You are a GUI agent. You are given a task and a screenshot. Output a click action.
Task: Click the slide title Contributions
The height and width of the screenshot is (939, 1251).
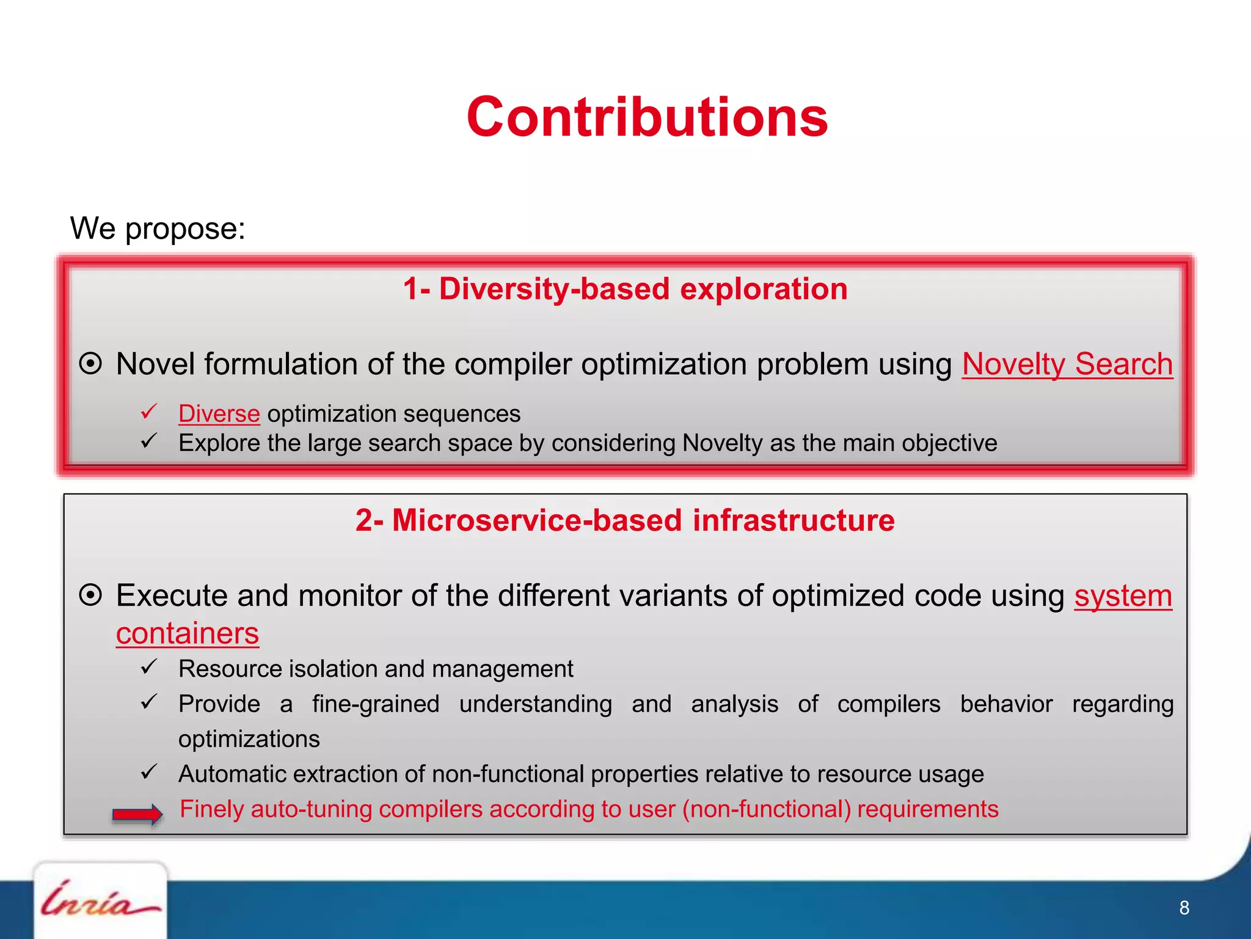click(x=647, y=117)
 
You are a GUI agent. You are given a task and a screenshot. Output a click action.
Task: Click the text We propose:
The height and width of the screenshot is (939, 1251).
click(x=158, y=229)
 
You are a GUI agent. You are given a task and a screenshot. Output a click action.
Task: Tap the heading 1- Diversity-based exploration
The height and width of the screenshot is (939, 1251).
click(x=625, y=289)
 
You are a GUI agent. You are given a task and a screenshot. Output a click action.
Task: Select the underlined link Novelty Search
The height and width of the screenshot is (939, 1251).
click(x=1067, y=364)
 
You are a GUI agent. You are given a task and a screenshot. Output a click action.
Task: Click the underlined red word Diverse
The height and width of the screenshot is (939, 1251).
click(x=219, y=414)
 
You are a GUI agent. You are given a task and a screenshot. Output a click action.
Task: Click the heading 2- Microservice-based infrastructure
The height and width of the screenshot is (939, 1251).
click(x=625, y=520)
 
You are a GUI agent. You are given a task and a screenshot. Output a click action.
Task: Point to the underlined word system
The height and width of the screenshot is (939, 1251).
click(x=1123, y=595)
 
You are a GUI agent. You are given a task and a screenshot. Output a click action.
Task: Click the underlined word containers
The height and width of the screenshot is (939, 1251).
click(x=188, y=633)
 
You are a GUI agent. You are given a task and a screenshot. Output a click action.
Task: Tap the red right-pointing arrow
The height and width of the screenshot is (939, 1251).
click(x=137, y=814)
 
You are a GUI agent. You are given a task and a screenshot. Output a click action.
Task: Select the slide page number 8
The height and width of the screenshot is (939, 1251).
click(x=1184, y=908)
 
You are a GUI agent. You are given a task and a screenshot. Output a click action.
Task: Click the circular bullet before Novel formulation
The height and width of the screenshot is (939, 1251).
click(x=90, y=364)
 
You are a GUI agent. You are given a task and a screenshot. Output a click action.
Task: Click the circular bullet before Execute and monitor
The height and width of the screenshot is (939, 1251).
click(x=90, y=595)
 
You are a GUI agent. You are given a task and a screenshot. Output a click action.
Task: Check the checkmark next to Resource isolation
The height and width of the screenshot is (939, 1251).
click(x=149, y=666)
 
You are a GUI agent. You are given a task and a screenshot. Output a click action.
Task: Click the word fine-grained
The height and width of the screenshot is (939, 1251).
click(x=375, y=704)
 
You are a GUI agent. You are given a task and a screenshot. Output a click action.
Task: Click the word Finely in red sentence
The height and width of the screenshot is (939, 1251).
click(x=211, y=809)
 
